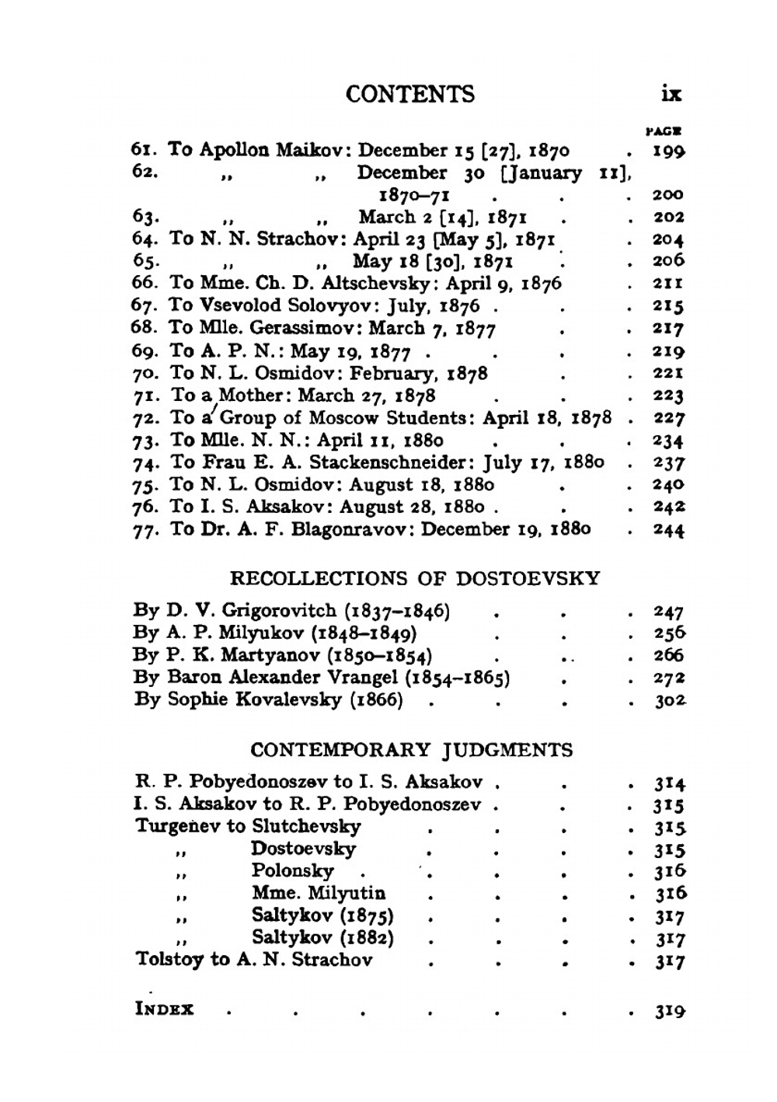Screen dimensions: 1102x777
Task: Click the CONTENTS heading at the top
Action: pyautogui.click(x=409, y=94)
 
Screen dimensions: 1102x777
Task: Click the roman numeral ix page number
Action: pyautogui.click(x=671, y=94)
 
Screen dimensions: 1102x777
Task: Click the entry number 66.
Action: pyautogui.click(x=145, y=284)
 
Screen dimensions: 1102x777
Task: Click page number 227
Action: pyautogui.click(x=668, y=419)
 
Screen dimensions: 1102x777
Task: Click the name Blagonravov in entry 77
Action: pyautogui.click(x=351, y=530)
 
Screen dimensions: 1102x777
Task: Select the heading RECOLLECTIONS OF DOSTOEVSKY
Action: pyautogui.click(x=416, y=579)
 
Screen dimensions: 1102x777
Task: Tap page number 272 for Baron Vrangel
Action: pyautogui.click(x=668, y=678)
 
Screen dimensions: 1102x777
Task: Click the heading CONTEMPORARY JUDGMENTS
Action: pyautogui.click(x=412, y=751)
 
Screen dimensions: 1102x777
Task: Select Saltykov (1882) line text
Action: pyautogui.click(x=322, y=938)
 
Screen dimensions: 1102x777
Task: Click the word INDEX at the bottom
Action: pyautogui.click(x=165, y=1010)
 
